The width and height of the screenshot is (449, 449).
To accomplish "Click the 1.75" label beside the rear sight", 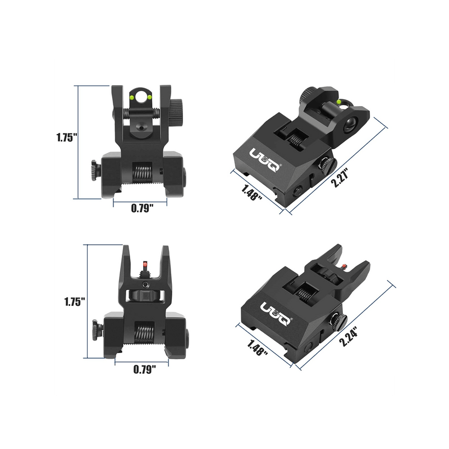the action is pos(67,138).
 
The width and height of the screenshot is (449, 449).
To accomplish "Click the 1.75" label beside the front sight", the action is pos(75,301).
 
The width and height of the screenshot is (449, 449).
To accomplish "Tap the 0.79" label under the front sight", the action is pos(145,369).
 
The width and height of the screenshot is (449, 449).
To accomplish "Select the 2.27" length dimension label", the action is pos(341,177).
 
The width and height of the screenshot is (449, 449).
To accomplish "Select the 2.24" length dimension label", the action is pos(349,336).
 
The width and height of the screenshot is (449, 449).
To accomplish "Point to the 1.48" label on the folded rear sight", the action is pos(251,193).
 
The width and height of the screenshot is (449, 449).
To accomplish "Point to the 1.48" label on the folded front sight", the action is pos(258,347).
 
